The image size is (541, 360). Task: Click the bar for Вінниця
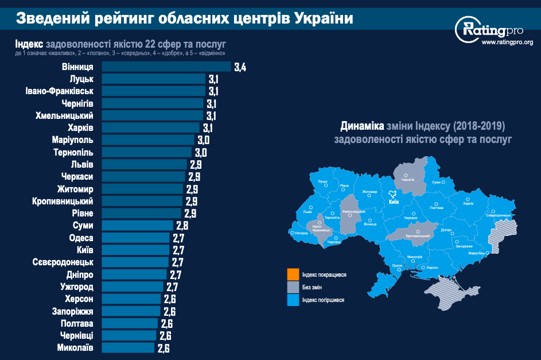coord(166,67)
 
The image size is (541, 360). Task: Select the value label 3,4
coord(240,67)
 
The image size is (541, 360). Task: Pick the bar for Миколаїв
coord(128,347)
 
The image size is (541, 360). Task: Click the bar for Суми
coord(137,225)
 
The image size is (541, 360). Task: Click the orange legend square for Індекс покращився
coord(293,274)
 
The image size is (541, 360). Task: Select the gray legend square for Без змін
coord(293,287)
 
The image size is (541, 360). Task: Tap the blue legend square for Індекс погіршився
coord(293,300)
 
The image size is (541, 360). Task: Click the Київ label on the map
coord(394,202)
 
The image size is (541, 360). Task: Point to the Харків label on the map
coord(468,203)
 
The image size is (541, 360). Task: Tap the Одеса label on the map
coord(397,266)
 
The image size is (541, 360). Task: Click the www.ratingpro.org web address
coord(507,42)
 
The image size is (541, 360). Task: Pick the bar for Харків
coord(151,127)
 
